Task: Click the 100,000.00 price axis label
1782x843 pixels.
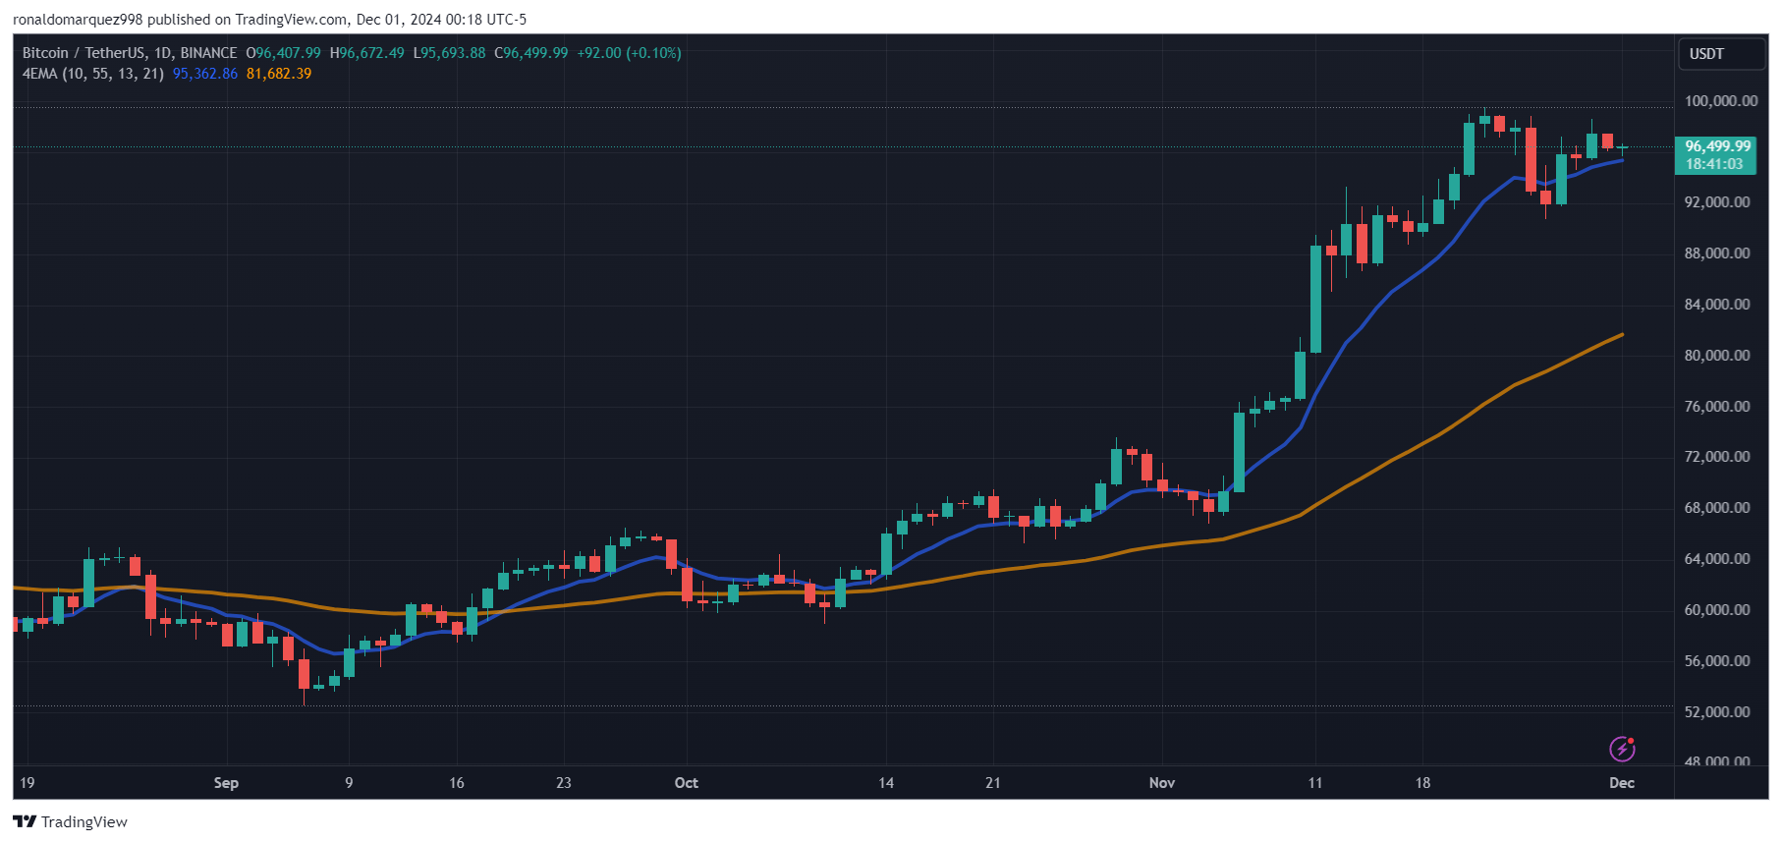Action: click(1720, 101)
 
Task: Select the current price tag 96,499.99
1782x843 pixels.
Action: click(1717, 146)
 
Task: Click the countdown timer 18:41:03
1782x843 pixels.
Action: click(1714, 164)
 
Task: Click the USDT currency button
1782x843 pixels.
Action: click(1706, 54)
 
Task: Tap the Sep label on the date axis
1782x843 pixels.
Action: click(226, 783)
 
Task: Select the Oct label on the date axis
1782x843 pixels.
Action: click(686, 783)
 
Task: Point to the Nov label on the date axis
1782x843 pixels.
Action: click(1162, 783)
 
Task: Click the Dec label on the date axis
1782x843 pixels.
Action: click(1622, 783)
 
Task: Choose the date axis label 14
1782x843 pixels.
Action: click(886, 783)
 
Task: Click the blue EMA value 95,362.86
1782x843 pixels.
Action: click(205, 74)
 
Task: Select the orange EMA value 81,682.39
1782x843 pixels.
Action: click(279, 74)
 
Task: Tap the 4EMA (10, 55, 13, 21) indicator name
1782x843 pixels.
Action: click(93, 74)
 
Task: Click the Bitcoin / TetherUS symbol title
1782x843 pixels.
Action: click(84, 53)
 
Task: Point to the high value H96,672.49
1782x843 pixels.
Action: click(366, 53)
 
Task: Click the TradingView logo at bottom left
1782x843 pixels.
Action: click(71, 822)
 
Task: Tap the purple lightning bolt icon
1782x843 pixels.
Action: click(1622, 749)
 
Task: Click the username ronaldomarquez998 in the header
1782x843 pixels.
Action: click(78, 20)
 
